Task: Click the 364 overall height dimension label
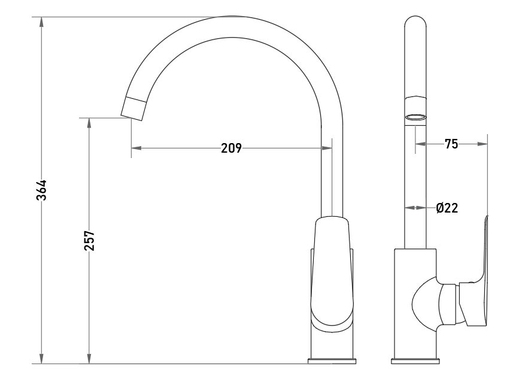tap(41, 190)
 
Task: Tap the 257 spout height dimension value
tap(89, 241)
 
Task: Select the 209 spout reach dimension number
tap(231, 148)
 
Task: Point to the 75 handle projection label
tap(451, 144)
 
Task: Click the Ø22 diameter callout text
tap(447, 208)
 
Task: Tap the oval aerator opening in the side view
tap(415, 117)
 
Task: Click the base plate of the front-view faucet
tap(332, 361)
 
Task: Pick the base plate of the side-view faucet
tap(415, 361)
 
